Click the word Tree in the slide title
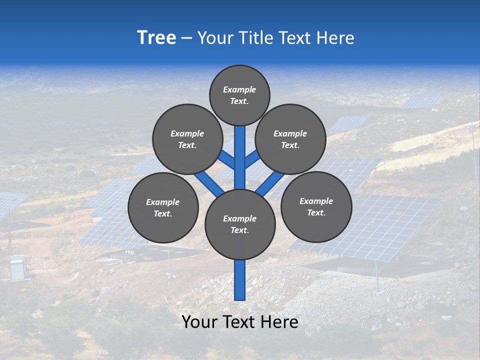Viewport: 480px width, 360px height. coord(156,38)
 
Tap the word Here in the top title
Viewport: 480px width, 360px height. coord(335,38)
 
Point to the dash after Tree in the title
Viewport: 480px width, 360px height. coord(186,38)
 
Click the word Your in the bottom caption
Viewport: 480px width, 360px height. coord(199,322)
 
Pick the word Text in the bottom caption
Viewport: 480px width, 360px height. coord(240,322)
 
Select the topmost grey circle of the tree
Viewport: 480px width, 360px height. coord(239,95)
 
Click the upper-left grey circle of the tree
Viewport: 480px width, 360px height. coord(187,139)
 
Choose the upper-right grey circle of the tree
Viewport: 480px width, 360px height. coord(290,139)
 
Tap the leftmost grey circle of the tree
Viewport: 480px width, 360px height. coord(163,207)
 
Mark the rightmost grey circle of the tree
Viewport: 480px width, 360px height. coord(316,206)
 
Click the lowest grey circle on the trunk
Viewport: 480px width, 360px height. coord(240,224)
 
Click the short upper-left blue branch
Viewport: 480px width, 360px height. coord(227,160)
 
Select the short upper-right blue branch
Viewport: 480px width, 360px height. coord(252,159)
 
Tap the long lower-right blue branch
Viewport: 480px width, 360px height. coord(270,183)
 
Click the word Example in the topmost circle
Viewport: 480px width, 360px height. coord(239,89)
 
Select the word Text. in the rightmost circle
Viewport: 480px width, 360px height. coord(316,212)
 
